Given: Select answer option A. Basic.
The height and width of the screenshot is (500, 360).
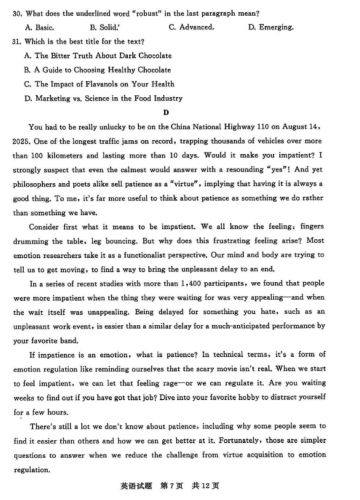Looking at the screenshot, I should pyautogui.click(x=39, y=27).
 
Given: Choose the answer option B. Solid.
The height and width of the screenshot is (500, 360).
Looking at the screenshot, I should pyautogui.click(x=103, y=27).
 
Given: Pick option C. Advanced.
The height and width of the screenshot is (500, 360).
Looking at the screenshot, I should pyautogui.click(x=191, y=27).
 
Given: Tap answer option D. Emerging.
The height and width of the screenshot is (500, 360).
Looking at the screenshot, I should pyautogui.click(x=271, y=27).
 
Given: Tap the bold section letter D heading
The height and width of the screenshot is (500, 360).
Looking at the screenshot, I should pyautogui.click(x=166, y=113).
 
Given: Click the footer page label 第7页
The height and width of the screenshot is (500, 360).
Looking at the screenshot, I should pyautogui.click(x=171, y=486).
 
